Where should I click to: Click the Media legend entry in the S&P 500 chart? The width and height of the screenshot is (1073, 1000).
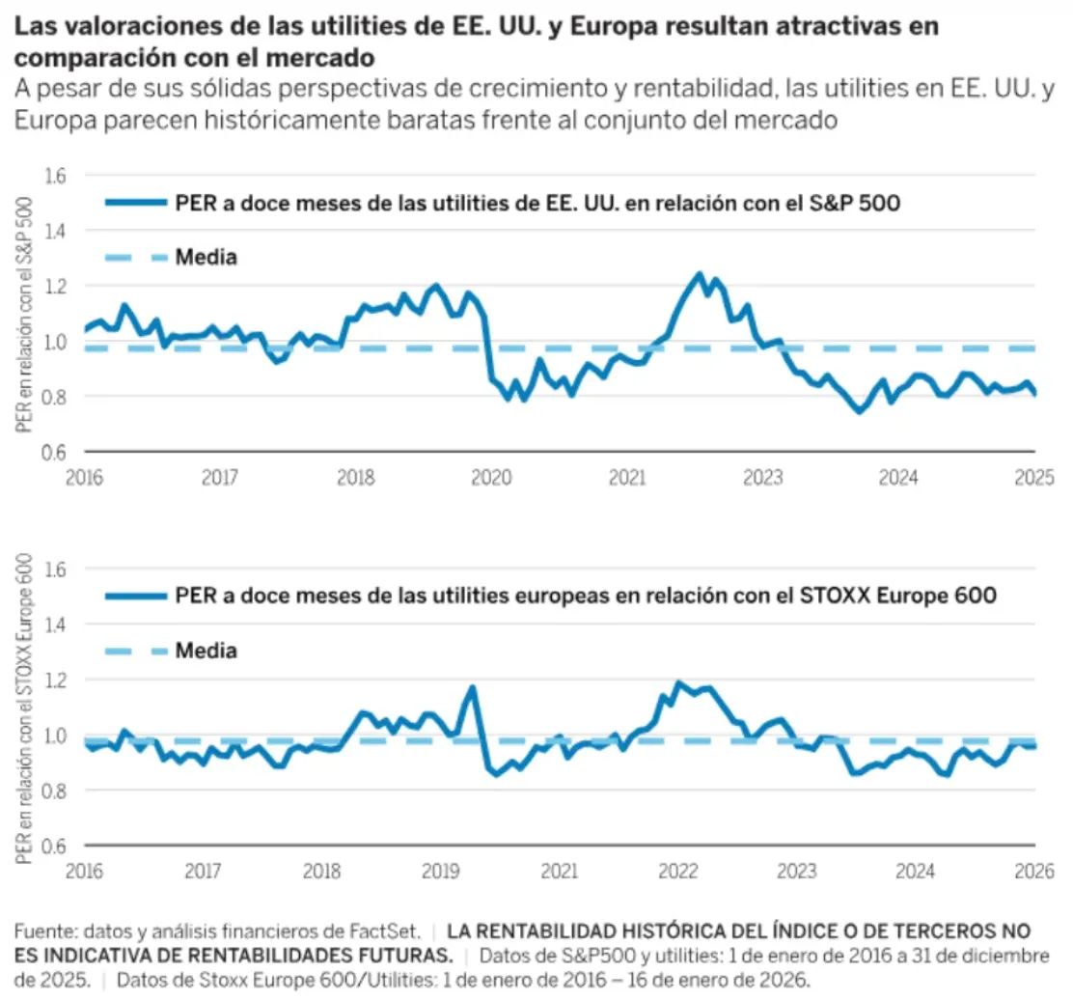click(206, 258)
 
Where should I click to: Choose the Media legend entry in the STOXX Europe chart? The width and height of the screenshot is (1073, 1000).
click(206, 651)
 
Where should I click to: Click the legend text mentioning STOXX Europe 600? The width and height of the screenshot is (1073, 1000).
click(586, 597)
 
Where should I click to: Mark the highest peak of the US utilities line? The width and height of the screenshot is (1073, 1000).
click(700, 274)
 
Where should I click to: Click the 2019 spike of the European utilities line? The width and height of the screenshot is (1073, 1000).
click(473, 687)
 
